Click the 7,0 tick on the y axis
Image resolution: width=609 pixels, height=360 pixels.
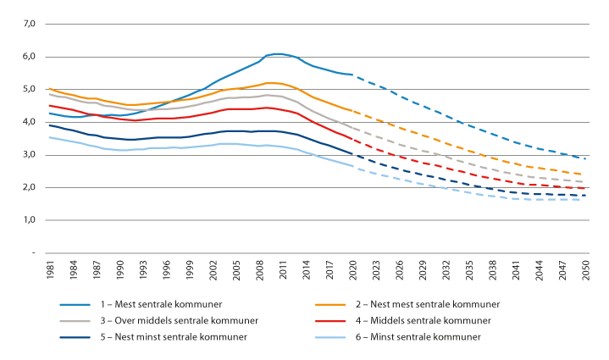point(28,24)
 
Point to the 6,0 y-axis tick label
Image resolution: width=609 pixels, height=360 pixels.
point(28,57)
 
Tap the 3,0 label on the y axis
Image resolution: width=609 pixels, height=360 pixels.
point(28,155)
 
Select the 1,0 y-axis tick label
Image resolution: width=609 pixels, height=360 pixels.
point(28,220)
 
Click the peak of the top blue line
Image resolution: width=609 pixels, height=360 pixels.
point(278,54)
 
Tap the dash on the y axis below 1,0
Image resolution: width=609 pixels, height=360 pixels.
point(31,252)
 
